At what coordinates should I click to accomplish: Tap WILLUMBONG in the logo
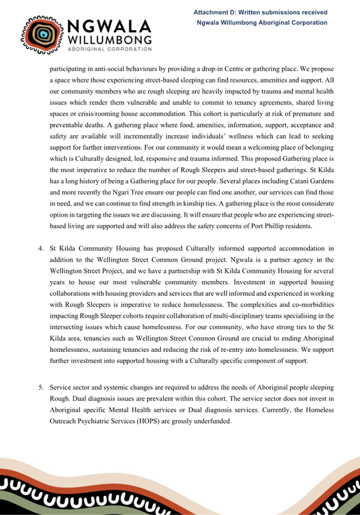pos(109,40)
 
